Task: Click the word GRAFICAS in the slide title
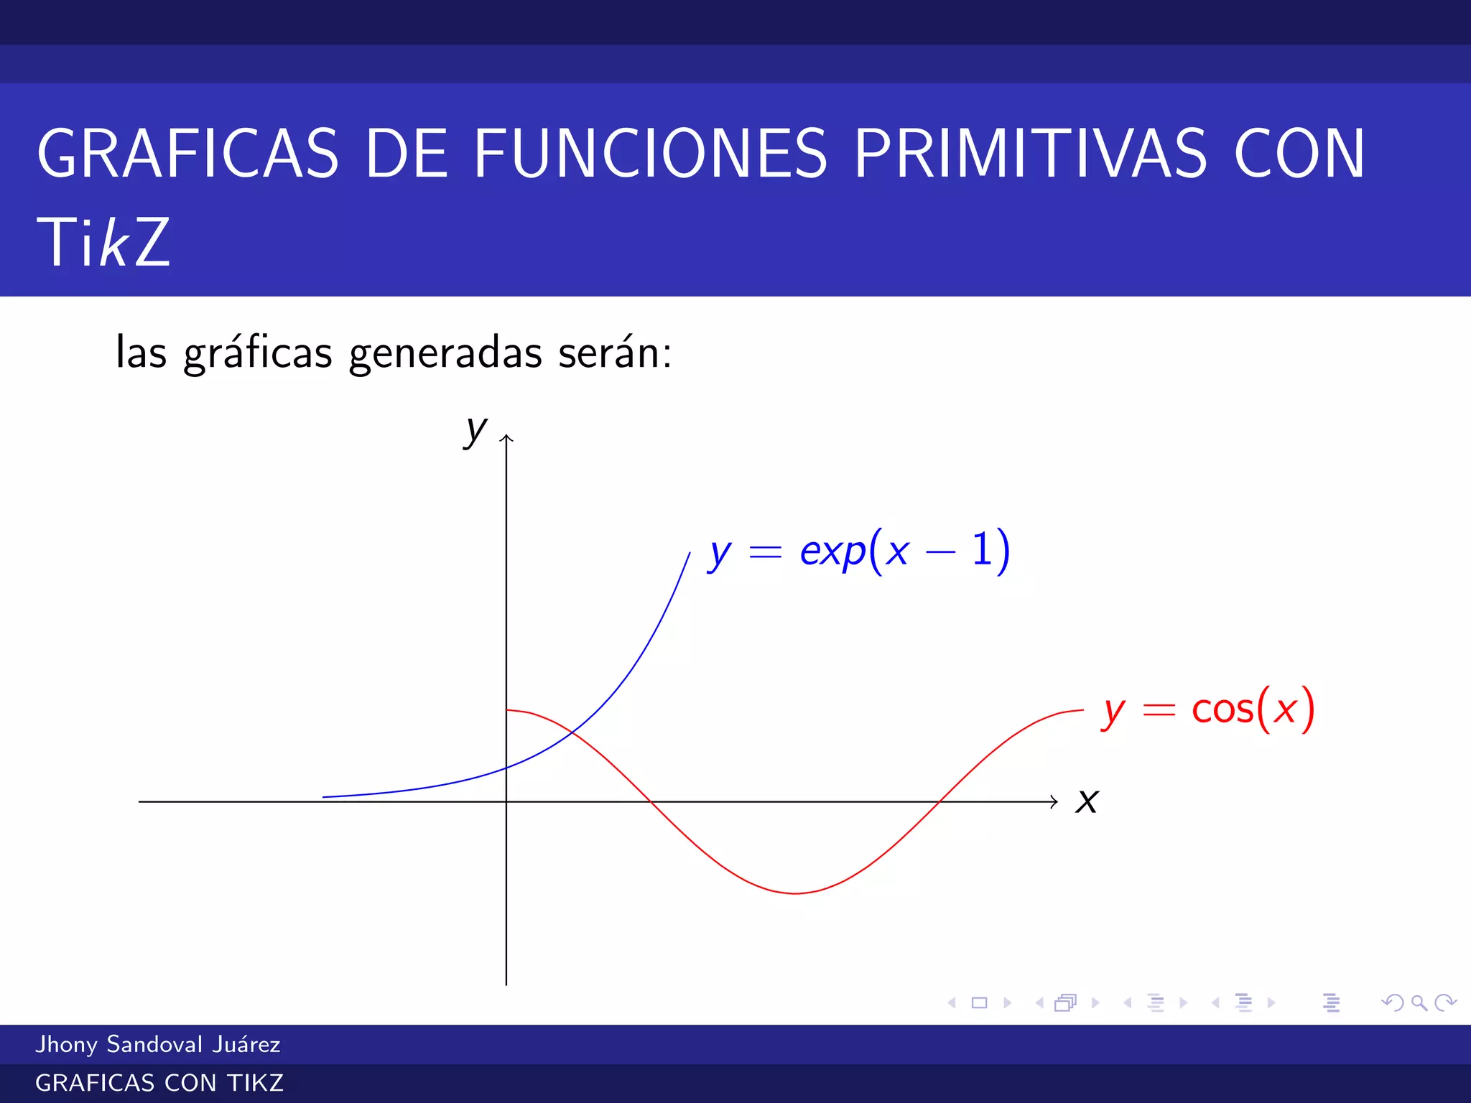187,154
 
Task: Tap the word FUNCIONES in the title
650,154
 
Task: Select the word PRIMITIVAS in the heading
1031,154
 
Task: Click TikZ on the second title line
103,243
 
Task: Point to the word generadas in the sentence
445,353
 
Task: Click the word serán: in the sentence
615,353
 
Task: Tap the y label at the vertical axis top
475,431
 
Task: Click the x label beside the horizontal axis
1087,801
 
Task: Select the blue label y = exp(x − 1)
859,551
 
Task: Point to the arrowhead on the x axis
1055,801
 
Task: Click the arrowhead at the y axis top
506,437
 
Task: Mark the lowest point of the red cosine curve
796,893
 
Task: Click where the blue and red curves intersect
572,732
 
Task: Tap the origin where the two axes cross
506,801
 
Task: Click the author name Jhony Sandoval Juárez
158,1044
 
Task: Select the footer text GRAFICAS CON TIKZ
159,1083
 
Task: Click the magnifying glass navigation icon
1419,1002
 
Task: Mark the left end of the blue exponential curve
324,797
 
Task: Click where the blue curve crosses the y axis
506,768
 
